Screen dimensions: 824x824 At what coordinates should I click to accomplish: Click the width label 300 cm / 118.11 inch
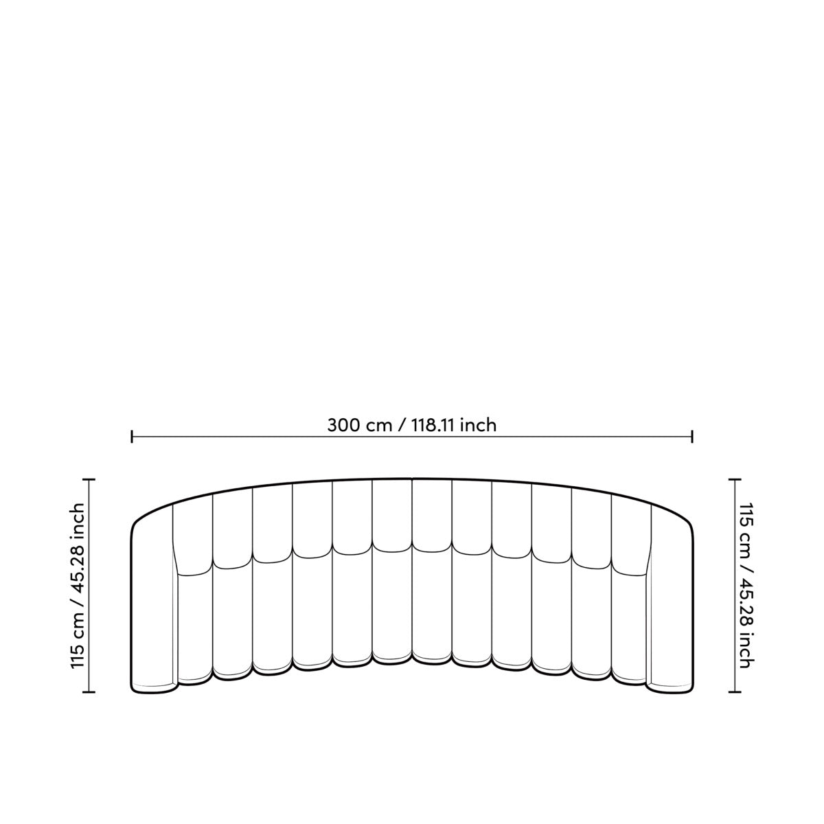[411, 426]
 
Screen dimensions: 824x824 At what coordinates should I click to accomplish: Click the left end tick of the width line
[132, 437]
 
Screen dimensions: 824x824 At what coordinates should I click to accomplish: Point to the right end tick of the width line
[692, 437]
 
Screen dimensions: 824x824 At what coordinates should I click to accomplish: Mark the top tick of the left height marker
[89, 479]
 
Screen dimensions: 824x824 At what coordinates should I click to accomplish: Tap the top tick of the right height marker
[735, 479]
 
